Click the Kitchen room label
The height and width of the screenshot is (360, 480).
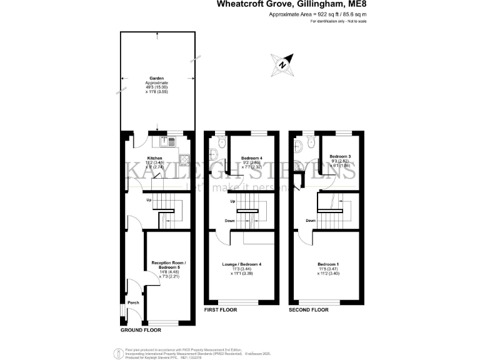pos(154,158)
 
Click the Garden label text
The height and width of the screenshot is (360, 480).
pos(130,78)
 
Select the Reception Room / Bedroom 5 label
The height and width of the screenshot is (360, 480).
pos(166,266)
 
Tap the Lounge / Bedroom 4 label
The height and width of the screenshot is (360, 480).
pos(241,265)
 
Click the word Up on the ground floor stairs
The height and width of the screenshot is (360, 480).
pos(149,200)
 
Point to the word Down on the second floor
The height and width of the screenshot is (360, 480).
pos(311,221)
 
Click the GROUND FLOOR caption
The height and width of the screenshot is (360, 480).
pos(140,329)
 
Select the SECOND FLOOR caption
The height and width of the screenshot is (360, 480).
pos(309,309)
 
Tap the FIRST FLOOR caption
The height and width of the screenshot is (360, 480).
pos(221,309)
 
